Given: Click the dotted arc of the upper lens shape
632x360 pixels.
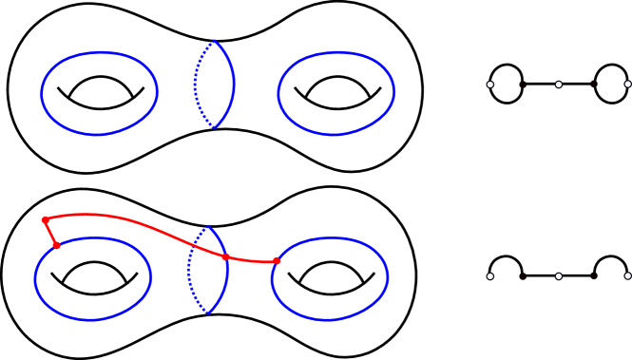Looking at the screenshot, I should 196,85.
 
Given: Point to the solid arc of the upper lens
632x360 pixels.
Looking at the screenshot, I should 233,85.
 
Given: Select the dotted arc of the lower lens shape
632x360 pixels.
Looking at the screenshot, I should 189,270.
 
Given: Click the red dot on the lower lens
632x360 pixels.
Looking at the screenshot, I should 225,256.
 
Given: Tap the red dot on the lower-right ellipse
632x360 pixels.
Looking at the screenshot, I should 277,261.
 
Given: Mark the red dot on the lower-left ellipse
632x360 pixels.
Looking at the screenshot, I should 56,245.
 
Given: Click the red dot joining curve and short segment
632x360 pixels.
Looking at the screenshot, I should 45,219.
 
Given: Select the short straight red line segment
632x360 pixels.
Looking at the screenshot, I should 50,233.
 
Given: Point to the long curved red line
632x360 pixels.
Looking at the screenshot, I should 143,224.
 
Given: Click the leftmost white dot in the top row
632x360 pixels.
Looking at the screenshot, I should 490,85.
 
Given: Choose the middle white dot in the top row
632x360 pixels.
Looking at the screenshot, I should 559,85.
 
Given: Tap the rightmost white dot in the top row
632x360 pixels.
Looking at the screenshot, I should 627,85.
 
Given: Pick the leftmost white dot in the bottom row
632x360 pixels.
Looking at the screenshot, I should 490,276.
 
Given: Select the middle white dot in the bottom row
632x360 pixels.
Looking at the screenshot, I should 559,276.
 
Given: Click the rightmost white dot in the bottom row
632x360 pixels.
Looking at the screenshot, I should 627,276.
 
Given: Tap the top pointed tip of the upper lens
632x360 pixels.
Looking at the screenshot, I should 215,42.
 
